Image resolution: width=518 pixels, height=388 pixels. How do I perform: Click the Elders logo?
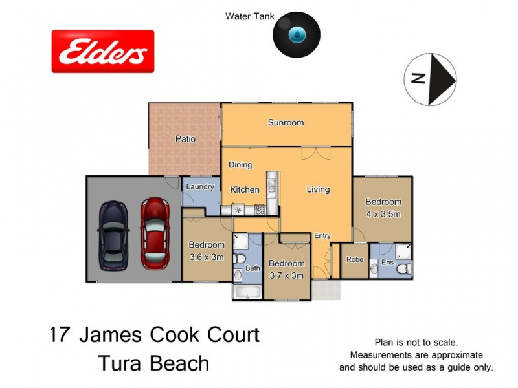[103, 51]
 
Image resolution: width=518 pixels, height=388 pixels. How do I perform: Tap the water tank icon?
[297, 34]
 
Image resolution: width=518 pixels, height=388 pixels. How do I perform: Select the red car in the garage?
[155, 233]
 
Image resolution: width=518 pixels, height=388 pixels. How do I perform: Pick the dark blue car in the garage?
[113, 235]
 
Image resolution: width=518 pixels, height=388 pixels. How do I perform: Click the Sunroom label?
[286, 123]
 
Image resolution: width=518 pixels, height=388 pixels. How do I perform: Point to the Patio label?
[185, 139]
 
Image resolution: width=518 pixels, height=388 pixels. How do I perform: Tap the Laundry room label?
[200, 187]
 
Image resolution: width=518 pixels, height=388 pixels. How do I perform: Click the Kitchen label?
[245, 190]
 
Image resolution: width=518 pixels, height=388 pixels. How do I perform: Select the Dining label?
[240, 165]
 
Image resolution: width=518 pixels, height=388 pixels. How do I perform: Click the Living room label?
[318, 189]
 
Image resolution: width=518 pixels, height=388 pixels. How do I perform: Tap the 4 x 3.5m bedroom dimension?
[383, 213]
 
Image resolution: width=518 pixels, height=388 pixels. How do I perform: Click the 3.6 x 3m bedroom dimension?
[207, 257]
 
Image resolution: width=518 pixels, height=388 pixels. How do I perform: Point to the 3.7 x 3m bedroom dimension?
[287, 275]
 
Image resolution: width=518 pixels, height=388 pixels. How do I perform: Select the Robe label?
[355, 260]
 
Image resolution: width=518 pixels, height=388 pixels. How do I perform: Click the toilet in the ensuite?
[402, 268]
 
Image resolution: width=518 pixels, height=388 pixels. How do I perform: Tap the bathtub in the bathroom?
[247, 292]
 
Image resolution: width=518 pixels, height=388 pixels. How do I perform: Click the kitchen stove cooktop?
[259, 210]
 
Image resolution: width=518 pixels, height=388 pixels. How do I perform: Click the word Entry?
[322, 236]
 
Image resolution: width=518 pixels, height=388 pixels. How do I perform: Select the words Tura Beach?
[153, 363]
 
